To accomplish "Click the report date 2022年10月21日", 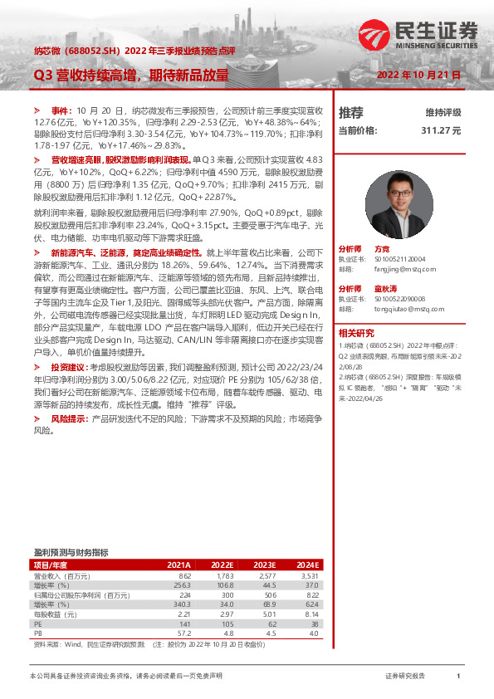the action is click(418, 75).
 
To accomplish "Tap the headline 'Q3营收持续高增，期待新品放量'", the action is click(130, 75).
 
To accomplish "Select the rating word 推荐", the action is click(351, 112).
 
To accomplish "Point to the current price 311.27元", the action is click(440, 130).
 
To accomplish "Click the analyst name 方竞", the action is click(382, 249).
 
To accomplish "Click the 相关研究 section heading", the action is click(356, 331).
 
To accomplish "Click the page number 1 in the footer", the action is click(458, 676).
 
